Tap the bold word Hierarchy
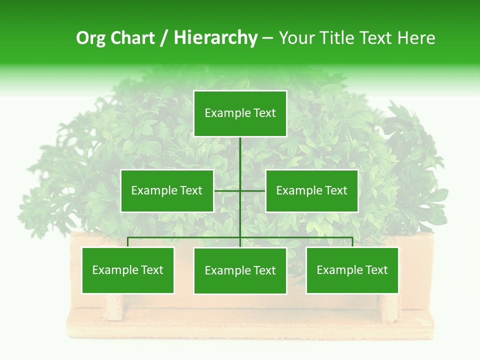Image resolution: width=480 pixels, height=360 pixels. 215,38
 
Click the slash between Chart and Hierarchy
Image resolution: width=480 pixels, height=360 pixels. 164,38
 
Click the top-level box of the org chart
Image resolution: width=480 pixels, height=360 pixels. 240,113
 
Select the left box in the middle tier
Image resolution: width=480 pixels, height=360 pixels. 167,190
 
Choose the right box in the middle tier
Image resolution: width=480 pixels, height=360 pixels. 312,190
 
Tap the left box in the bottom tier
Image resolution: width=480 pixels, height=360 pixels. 128,270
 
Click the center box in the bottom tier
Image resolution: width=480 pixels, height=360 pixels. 240,271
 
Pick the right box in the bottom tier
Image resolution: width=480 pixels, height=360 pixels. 352,270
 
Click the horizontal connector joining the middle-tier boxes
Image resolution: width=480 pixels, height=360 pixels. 227,190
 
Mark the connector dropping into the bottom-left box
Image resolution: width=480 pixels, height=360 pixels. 128,242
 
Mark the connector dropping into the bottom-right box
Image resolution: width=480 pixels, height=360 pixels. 352,242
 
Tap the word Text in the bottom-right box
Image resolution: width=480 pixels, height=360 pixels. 375,270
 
